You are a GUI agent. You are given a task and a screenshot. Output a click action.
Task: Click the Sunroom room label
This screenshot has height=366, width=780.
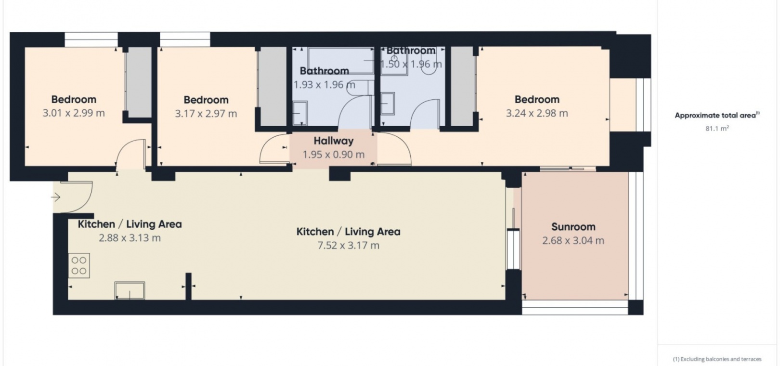pos(573,227)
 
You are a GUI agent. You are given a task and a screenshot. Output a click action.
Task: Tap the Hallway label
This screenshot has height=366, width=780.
pos(334,141)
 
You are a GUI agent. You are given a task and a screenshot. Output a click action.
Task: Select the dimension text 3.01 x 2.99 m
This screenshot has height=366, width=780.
pos(74,113)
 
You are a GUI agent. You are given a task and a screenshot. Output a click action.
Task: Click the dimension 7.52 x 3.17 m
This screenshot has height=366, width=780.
pos(348,246)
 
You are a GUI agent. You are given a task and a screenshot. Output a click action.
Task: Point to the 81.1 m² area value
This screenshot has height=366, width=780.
pos(717,129)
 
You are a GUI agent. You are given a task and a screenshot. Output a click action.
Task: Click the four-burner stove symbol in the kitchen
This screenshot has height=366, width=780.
pos(79,265)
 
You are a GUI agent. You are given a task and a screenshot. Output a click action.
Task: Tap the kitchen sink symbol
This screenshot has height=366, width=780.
pos(130,290)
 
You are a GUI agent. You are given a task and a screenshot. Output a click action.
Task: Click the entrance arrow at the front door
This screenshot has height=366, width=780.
pos(56,197)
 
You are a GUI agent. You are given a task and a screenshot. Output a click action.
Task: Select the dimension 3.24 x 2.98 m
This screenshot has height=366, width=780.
pos(537,113)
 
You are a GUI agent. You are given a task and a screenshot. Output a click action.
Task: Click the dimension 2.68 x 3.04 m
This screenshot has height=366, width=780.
pos(573,241)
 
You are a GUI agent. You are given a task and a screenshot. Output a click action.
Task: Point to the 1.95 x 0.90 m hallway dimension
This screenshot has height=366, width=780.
pos(334,155)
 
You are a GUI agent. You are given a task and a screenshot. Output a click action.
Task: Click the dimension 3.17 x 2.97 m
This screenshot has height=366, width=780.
pos(206,114)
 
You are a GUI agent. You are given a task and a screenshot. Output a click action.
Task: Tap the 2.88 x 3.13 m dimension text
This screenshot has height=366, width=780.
pos(130,238)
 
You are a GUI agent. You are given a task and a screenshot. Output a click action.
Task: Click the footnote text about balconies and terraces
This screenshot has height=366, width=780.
pos(717,359)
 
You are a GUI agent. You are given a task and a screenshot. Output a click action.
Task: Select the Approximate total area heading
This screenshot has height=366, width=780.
pos(717,115)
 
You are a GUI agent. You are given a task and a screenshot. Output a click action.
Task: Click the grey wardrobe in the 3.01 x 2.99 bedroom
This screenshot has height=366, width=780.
pos(138,82)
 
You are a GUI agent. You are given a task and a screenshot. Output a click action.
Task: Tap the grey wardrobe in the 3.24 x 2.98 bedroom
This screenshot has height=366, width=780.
pos(463,86)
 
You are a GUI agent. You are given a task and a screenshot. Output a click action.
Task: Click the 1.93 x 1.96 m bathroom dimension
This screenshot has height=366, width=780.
pos(324,85)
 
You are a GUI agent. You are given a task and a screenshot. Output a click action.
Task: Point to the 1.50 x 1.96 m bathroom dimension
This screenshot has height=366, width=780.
pos(411,65)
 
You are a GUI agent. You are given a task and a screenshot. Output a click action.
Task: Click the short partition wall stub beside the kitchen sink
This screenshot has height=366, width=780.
pos(188,286)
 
